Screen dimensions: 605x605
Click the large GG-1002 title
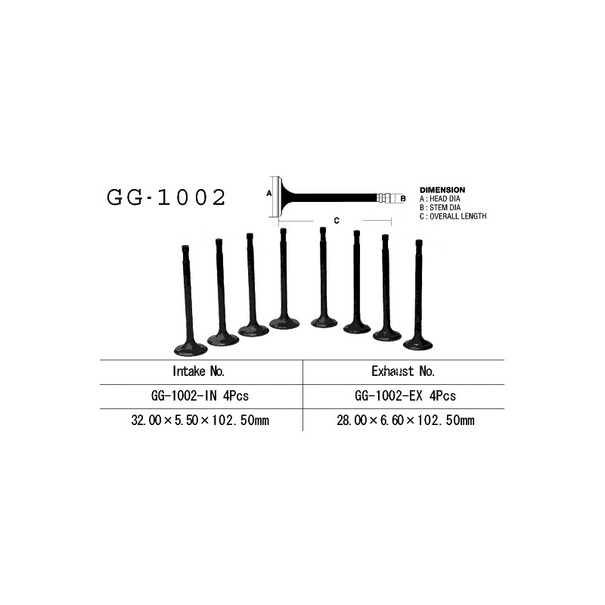pos(166,197)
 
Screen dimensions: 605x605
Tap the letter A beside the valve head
pos(269,193)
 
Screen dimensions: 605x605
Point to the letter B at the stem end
pos(403,199)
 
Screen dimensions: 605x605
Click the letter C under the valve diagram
pos(337,220)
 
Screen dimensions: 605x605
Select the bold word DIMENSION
pos(442,190)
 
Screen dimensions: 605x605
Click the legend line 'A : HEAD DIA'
pos(440,199)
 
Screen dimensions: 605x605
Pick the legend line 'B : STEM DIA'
pos(440,207)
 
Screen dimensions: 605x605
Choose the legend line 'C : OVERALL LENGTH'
pos(453,216)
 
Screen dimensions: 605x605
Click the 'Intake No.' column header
pos(198,371)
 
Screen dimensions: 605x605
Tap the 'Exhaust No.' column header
pos(403,371)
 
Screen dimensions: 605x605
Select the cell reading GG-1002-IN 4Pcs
pos(200,396)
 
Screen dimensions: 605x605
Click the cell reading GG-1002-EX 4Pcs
pos(405,396)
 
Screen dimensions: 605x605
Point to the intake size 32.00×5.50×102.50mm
pos(200,420)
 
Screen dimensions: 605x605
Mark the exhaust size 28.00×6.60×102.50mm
pos(405,420)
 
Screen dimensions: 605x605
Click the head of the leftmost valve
pos(191,349)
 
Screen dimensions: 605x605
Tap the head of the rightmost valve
pos(418,343)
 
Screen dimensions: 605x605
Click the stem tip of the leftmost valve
pos(185,248)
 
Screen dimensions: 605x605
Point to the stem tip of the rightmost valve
pos(419,243)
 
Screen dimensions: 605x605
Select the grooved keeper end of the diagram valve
pos(389,198)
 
